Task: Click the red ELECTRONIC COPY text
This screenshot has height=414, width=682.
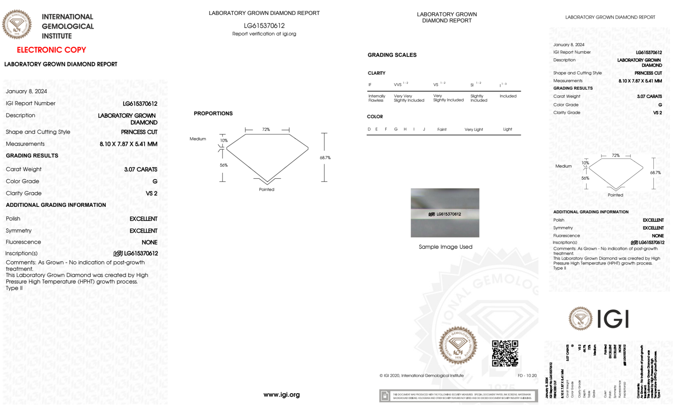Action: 51,50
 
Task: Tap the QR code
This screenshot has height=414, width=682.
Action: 505,353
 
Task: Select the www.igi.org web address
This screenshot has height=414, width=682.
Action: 282,395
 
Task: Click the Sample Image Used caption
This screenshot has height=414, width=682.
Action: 445,247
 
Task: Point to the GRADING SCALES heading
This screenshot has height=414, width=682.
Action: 392,55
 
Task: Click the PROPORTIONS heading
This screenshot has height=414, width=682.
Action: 213,113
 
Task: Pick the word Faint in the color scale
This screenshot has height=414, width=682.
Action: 442,129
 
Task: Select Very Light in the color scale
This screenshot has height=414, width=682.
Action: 473,129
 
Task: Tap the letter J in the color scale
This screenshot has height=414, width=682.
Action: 424,129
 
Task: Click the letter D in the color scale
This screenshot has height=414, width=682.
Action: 369,129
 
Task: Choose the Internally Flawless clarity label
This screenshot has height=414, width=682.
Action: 376,98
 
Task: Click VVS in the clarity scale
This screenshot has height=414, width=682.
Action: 398,85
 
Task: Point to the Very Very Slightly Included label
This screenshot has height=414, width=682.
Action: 409,98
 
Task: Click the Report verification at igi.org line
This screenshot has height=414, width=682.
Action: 264,34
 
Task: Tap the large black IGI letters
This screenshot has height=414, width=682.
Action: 613,319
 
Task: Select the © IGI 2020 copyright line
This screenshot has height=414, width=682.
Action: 421,375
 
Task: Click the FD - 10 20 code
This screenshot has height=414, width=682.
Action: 527,375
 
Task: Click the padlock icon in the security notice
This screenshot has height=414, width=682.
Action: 385,396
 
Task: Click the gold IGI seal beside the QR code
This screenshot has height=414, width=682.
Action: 458,346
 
